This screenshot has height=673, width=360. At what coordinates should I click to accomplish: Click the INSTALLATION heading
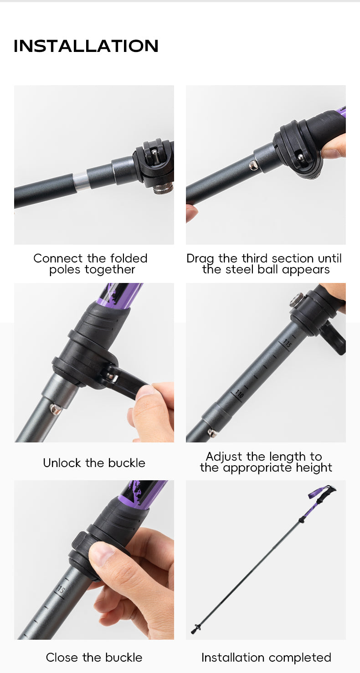(86, 46)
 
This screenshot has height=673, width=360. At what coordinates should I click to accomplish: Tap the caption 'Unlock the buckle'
(94, 463)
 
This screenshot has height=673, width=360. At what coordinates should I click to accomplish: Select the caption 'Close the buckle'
(94, 658)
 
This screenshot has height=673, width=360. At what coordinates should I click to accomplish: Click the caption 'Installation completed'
(266, 658)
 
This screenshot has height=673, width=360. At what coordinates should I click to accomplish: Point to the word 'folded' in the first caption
(129, 258)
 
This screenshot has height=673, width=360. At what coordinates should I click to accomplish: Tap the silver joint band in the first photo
(81, 181)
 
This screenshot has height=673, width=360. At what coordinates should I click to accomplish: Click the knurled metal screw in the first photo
(163, 188)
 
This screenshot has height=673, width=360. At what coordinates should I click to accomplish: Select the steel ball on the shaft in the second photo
(254, 165)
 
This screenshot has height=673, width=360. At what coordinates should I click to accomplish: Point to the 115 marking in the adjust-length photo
(287, 343)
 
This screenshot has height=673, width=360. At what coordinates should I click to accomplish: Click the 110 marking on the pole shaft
(239, 394)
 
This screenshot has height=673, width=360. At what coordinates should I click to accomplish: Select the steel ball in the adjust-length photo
(212, 432)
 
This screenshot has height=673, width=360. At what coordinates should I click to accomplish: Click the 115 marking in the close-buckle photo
(60, 590)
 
